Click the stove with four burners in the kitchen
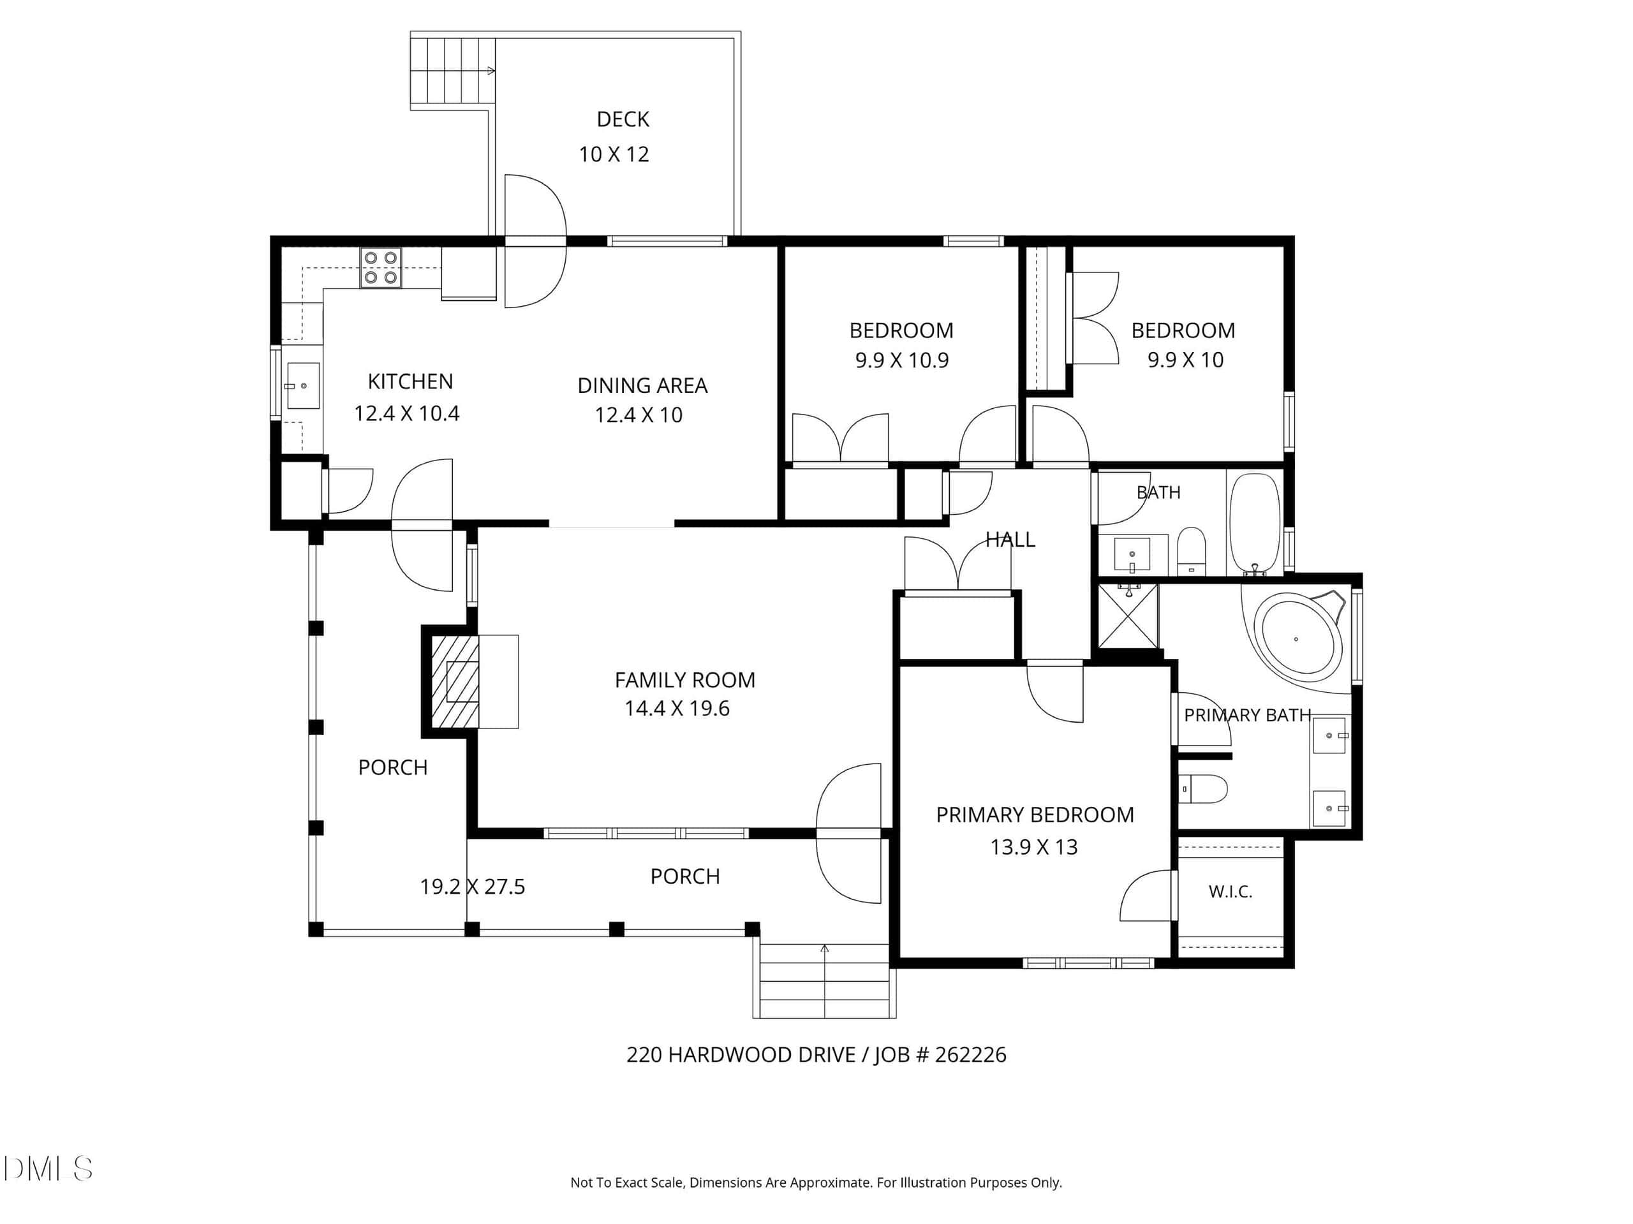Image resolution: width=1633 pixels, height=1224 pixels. (381, 267)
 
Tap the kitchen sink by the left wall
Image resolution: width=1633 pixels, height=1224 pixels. (303, 385)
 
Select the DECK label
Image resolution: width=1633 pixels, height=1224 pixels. (623, 119)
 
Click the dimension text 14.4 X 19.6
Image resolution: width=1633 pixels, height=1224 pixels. (677, 709)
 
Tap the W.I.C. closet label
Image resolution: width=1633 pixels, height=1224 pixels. (1230, 892)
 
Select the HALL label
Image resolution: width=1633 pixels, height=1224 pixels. (1010, 540)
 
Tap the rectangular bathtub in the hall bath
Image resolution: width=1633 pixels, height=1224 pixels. (1255, 524)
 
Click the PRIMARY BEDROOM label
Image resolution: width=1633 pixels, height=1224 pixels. (1035, 815)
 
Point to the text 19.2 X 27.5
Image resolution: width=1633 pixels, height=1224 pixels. (473, 887)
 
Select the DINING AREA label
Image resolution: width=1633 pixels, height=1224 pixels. (642, 385)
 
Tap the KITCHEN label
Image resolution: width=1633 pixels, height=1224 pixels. (410, 381)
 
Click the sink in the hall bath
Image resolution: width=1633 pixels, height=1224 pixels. (1132, 555)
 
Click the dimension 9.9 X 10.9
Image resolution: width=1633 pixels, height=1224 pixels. (902, 360)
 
